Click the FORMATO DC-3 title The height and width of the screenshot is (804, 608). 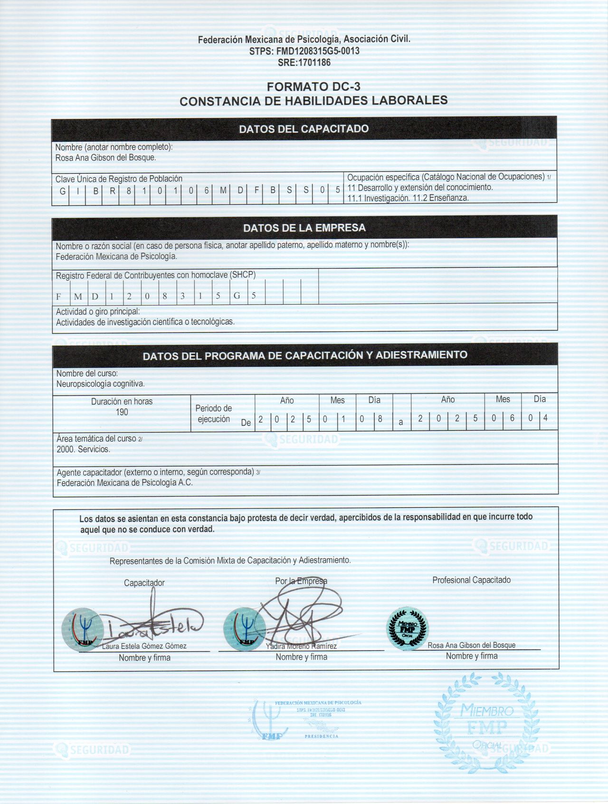point(313,86)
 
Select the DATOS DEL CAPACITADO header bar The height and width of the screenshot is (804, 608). point(304,129)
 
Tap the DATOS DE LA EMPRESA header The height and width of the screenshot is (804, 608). point(304,228)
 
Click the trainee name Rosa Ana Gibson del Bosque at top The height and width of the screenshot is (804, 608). point(105,158)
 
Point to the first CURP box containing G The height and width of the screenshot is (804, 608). point(62,191)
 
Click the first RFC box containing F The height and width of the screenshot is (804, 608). point(59,297)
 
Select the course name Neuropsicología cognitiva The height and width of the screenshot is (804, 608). point(101,383)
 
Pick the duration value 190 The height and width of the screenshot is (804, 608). point(122,412)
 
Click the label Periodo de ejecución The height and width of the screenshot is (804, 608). point(214,413)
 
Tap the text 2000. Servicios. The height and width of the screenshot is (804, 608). point(83,449)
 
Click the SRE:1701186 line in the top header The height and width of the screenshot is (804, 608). point(304,62)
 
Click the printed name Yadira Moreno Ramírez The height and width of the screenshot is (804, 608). point(302,646)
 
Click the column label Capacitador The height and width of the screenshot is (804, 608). point(144,583)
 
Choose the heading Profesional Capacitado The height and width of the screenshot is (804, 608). point(471,580)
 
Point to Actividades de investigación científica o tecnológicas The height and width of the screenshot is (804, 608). point(145,322)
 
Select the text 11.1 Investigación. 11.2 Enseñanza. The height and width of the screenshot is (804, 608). point(408,198)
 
